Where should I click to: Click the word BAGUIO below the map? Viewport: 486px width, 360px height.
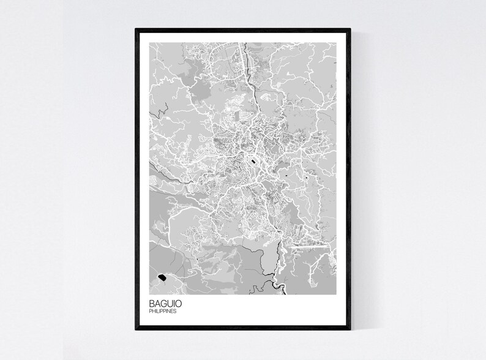click(164, 303)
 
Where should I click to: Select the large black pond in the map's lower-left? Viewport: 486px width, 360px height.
click(162, 278)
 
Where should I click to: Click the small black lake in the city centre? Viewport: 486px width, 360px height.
click(251, 162)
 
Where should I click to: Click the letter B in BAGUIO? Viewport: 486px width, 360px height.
click(151, 303)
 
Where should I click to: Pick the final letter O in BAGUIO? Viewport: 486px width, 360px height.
click(178, 303)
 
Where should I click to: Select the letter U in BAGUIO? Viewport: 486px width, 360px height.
click(170, 303)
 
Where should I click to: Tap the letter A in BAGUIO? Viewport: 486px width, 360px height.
click(157, 303)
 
